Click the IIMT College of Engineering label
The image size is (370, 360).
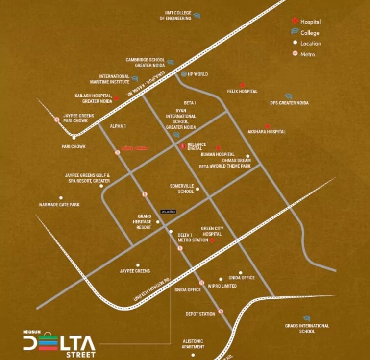coord(175,15)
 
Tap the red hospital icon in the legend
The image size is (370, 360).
coord(295,21)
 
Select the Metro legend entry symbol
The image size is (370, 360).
coord(295,54)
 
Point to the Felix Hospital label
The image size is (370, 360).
coord(242,92)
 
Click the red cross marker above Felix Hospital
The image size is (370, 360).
coord(242,85)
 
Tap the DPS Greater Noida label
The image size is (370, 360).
coord(289,103)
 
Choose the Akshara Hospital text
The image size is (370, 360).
coord(267,132)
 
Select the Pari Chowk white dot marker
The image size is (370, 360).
coord(74,138)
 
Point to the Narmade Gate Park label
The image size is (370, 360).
coord(59,205)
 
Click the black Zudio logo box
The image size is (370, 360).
coord(168,211)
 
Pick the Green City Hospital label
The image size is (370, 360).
coord(212,231)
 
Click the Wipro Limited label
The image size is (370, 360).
coord(222,286)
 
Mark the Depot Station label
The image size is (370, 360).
coord(200,314)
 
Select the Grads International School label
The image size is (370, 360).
coord(307,328)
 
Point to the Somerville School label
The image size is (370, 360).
coord(182,189)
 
